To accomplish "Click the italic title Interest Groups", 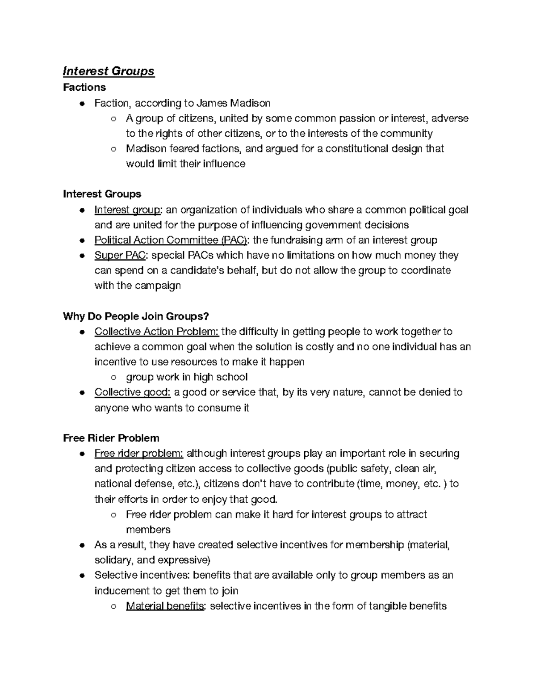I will click(x=109, y=71).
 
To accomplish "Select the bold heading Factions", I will click(x=84, y=87).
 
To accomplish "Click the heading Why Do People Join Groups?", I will click(x=136, y=316).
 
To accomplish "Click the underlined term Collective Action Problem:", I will click(x=156, y=332).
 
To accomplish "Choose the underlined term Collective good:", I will click(x=132, y=392).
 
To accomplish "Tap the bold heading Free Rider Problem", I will click(x=111, y=438).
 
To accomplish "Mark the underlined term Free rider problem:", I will click(x=138, y=454).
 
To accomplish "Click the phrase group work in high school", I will click(x=187, y=377).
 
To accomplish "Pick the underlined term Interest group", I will click(x=127, y=210).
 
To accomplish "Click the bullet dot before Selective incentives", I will click(x=81, y=576).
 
